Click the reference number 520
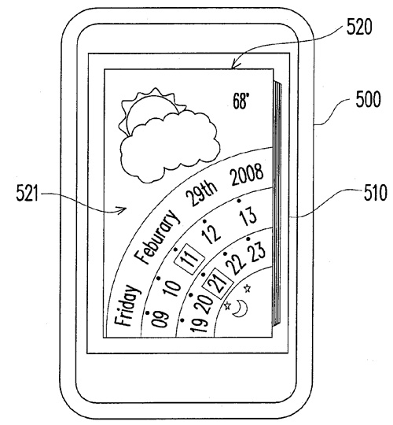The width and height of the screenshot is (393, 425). click(359, 27)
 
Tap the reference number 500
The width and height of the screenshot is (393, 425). click(368, 99)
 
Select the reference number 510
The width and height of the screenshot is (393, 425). click(375, 193)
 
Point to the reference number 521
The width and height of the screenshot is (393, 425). click(28, 193)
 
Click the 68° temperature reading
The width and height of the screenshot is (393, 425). click(241, 101)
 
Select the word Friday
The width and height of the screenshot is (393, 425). click(127, 305)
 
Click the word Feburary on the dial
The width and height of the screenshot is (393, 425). click(157, 236)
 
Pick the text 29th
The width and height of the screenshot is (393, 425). click(201, 192)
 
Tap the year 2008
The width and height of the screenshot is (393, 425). click(247, 174)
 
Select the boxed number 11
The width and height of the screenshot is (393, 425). click(189, 257)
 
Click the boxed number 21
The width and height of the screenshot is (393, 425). click(219, 282)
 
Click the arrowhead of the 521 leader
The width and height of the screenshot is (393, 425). click(123, 209)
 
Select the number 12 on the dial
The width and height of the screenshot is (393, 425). click(212, 233)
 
